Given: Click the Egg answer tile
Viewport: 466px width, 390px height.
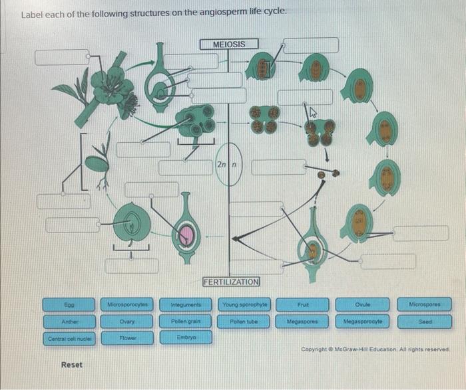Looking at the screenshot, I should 69,304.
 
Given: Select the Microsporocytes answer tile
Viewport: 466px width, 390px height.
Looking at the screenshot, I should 128,304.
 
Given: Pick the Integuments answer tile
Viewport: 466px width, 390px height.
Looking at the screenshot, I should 186,304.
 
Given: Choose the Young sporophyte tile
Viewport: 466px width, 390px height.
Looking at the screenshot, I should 244,304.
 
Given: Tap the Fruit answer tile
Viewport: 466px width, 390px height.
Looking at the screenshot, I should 302,304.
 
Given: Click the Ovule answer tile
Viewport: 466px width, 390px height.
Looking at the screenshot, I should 363,304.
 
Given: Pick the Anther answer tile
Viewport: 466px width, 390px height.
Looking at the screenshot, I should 69,322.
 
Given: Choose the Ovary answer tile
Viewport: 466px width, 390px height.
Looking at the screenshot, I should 128,322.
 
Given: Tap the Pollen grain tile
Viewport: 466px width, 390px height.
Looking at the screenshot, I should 186,322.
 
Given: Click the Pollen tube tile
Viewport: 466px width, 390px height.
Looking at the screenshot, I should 244,322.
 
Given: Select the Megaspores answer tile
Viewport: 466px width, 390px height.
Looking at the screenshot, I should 302,322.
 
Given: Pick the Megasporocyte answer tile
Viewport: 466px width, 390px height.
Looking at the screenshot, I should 363,322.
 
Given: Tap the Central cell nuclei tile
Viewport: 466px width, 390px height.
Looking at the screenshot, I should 69,338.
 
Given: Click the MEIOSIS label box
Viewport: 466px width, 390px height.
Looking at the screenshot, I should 229,44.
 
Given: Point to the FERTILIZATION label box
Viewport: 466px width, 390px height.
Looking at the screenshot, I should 231,282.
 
